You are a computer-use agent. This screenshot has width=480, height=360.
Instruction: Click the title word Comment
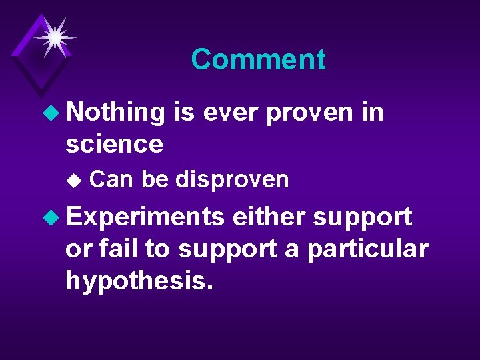tap(258, 59)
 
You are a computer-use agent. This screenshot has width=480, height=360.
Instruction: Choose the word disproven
tap(231, 179)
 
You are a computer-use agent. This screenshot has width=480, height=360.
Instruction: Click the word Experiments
tap(145, 217)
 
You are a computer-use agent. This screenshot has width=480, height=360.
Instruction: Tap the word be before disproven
tap(155, 179)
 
